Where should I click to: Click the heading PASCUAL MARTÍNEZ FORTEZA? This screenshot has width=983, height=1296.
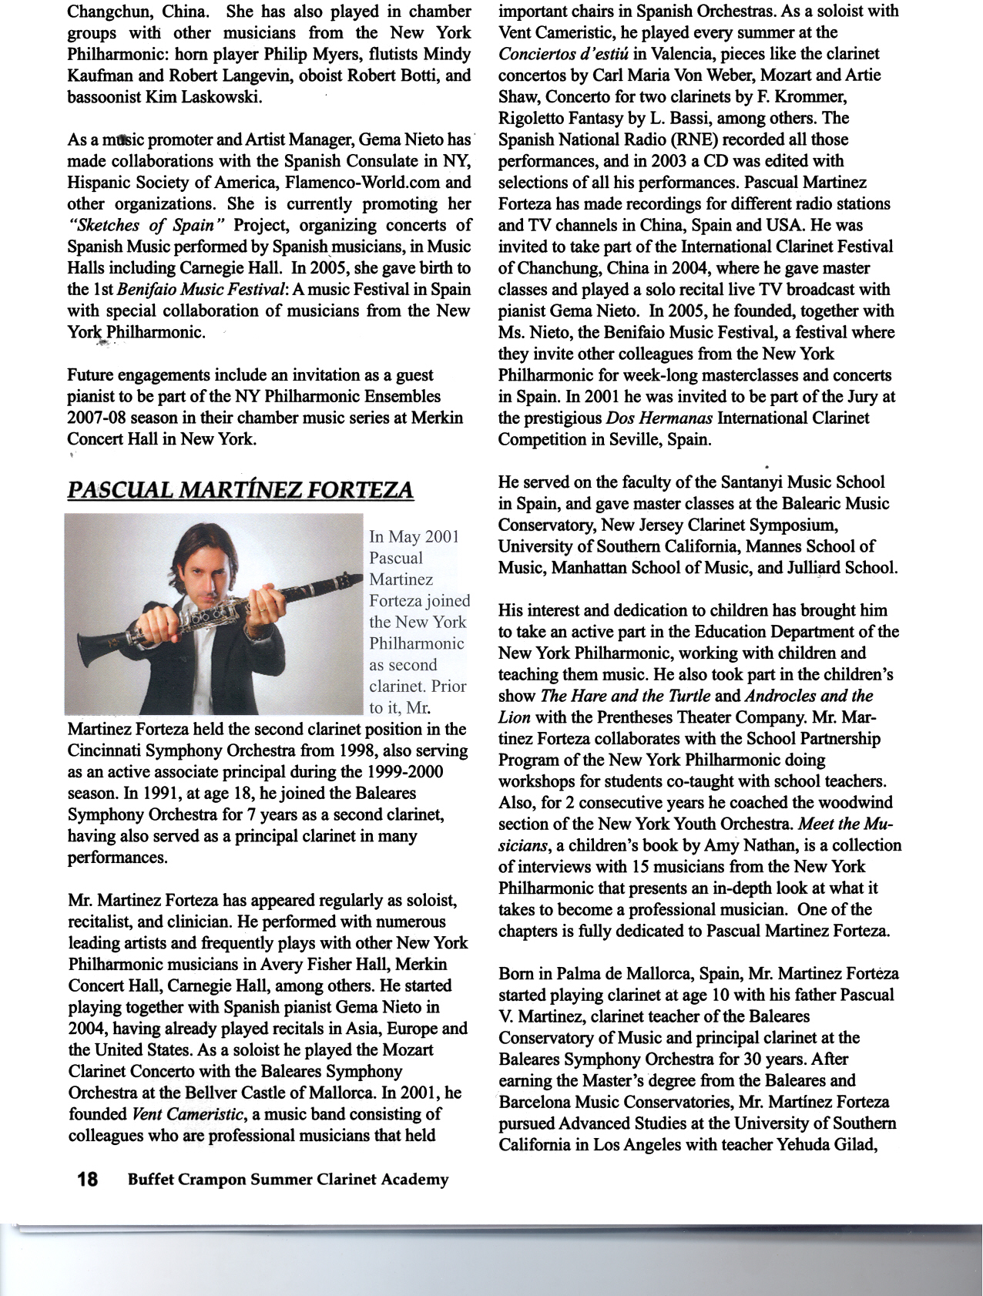pyautogui.click(x=240, y=490)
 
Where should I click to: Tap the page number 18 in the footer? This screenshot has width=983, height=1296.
pyautogui.click(x=87, y=1180)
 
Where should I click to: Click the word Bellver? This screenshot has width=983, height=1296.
pyautogui.click(x=213, y=1093)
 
